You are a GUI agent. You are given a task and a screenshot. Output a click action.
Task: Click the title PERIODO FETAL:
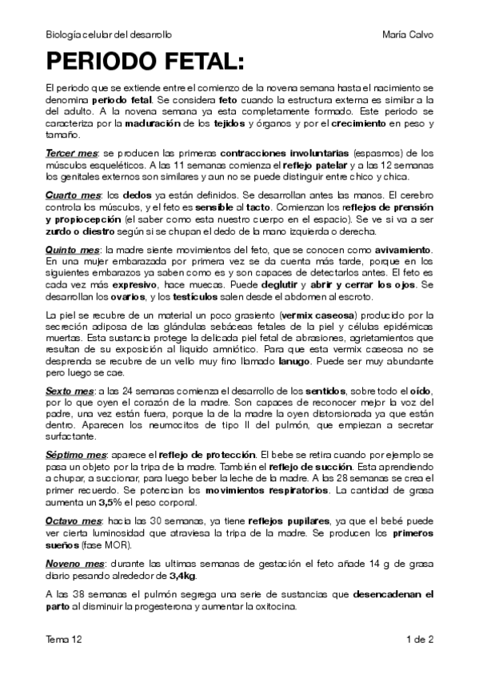click(x=143, y=61)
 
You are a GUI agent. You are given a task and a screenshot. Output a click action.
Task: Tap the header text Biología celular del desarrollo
click(x=109, y=36)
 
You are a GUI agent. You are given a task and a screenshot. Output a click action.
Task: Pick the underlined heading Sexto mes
click(x=70, y=390)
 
